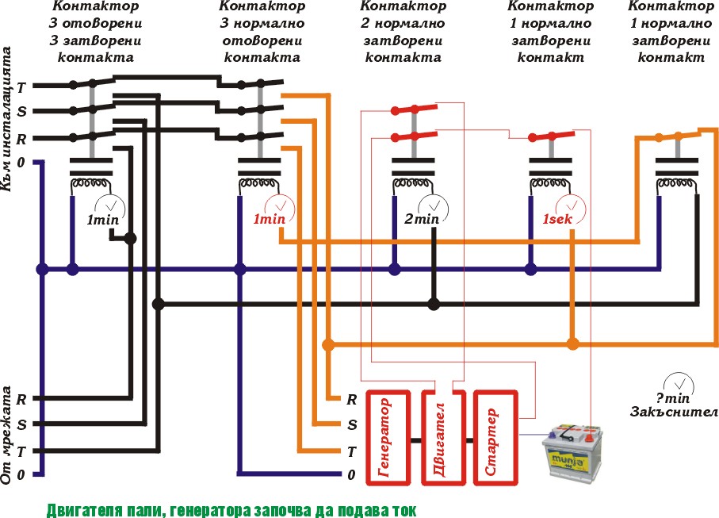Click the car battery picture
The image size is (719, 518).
(572, 452)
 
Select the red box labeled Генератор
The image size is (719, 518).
(388, 437)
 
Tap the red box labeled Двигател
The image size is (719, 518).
(439, 437)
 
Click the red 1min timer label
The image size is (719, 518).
(269, 219)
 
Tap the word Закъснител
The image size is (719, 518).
(674, 412)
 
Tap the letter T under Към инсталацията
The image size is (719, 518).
(21, 87)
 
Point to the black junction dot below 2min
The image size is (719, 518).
(434, 304)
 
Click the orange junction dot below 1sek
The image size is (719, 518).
(572, 344)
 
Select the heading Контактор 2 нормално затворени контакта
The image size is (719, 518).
(403, 32)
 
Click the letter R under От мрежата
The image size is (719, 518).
(21, 399)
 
